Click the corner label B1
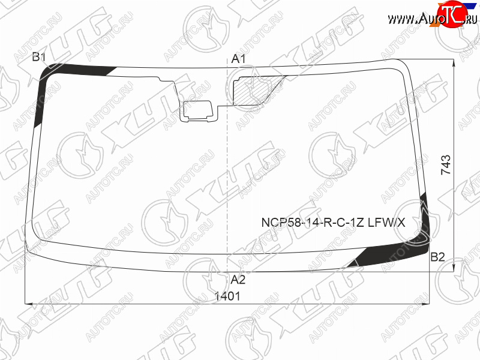coord(39,57)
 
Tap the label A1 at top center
coord(238,59)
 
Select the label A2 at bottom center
coord(238,280)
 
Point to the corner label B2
coord(437,257)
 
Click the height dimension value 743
coord(446,164)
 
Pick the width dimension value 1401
coord(227,296)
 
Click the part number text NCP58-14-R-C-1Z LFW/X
coord(333,222)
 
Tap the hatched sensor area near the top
coord(251,91)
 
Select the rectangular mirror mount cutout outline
coord(198,111)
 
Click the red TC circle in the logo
coord(449,14)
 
